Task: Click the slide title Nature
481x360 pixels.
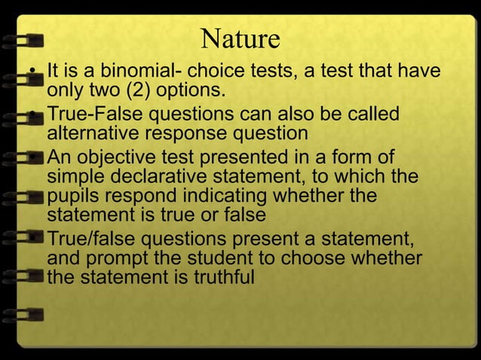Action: pos(240,37)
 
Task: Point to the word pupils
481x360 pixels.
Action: pos(69,196)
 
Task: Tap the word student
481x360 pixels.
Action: pos(194,259)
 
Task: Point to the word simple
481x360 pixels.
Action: pos(72,177)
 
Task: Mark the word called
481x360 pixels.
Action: pos(374,117)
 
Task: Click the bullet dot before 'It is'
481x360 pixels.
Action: pos(33,75)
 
